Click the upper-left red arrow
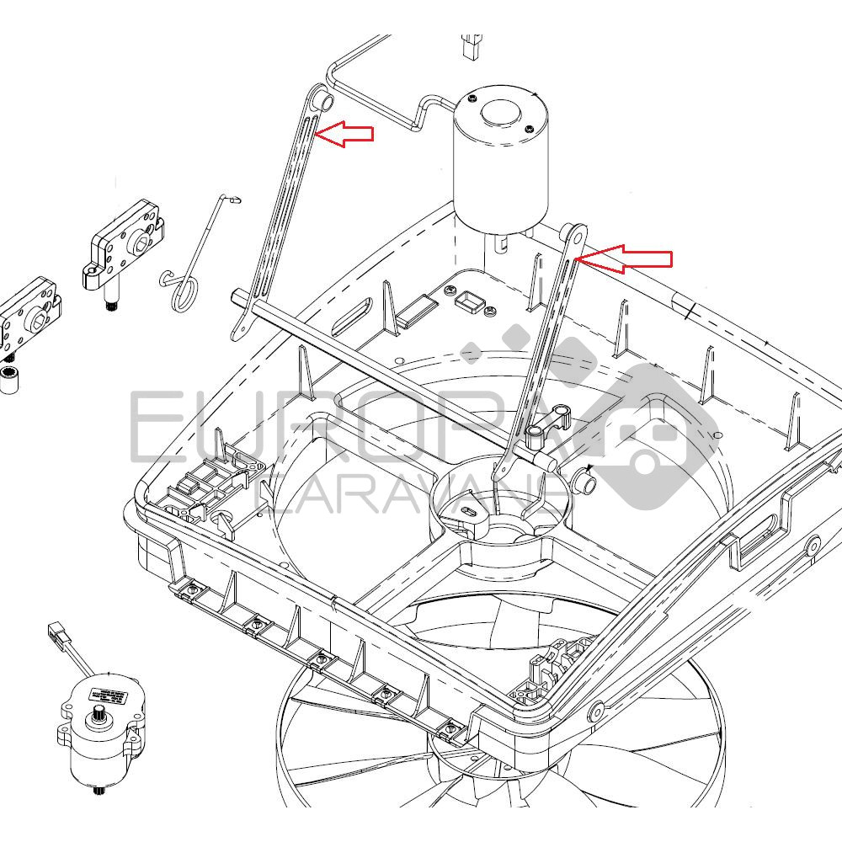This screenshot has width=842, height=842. tap(347, 133)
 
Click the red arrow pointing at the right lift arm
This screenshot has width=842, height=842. tap(627, 258)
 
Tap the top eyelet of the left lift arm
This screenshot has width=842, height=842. tap(322, 100)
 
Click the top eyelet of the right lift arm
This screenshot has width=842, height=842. tap(578, 233)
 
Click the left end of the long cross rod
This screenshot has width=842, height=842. tap(236, 294)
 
